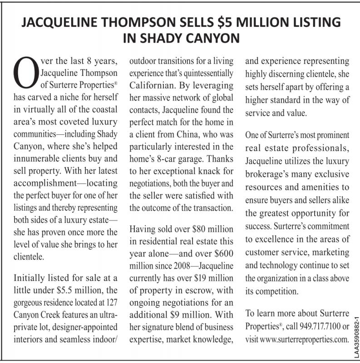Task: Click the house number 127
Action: tap(112, 302)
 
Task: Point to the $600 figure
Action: tap(221, 253)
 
